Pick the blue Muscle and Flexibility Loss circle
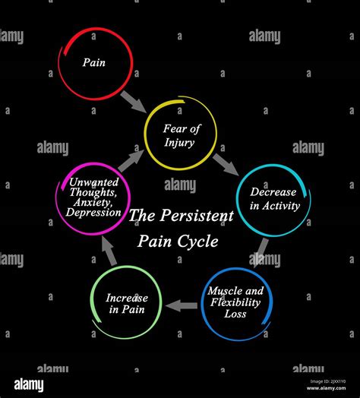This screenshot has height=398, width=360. (235, 301)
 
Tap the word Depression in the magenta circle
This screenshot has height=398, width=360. (95, 212)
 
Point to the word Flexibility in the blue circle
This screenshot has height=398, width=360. (235, 302)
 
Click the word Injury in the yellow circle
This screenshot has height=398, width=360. (181, 143)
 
